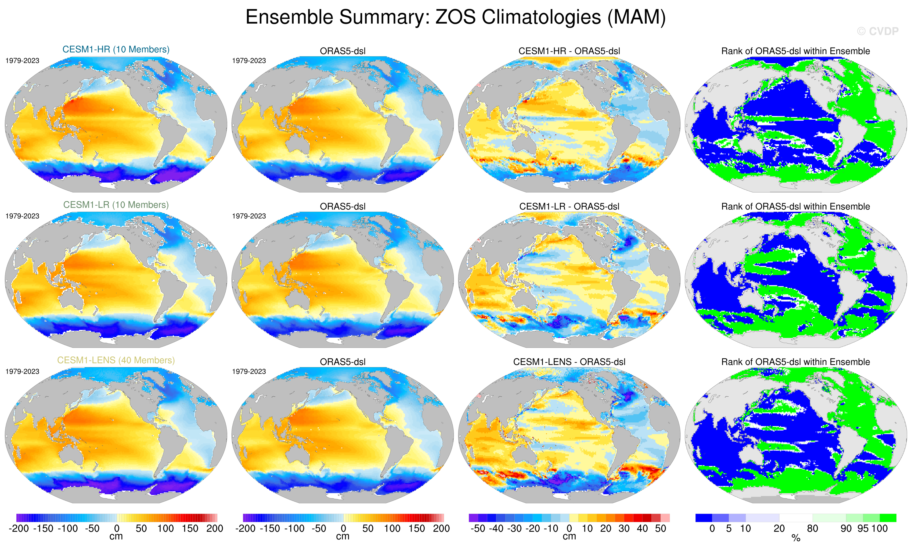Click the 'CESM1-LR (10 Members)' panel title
[116, 205]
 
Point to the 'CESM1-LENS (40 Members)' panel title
[116, 360]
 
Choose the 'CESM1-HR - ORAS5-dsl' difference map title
[569, 51]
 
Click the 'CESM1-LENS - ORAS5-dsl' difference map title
[569, 362]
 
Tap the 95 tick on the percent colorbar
[863, 528]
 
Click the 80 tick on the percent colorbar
[812, 528]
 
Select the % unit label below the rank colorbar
[796, 538]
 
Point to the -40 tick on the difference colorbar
[496, 528]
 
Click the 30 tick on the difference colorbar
[624, 528]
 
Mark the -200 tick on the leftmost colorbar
[19, 528]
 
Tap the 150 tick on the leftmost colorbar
[190, 528]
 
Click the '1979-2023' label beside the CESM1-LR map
[22, 216]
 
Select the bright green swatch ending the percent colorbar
[888, 518]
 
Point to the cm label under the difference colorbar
[569, 537]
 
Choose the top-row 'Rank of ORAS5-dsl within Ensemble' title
[795, 51]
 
